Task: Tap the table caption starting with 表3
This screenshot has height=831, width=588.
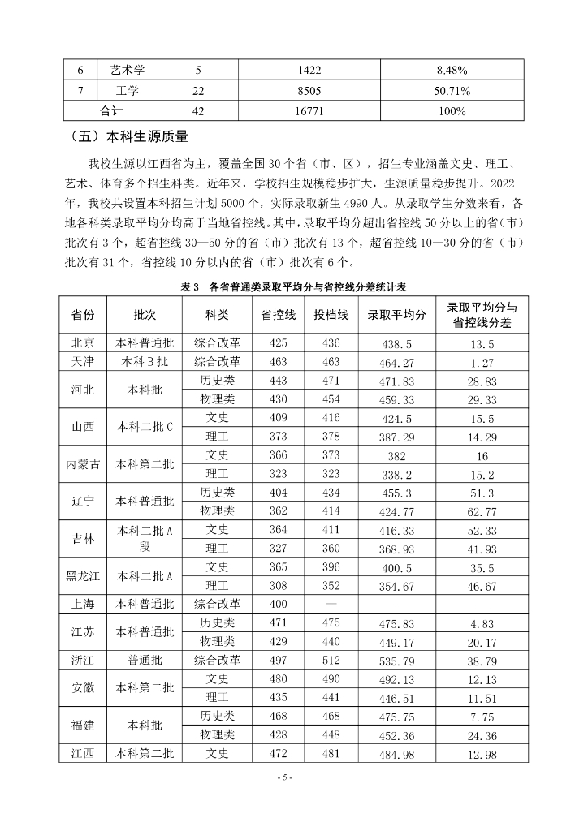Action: pyautogui.click(x=293, y=287)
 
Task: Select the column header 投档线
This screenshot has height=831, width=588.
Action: pyautogui.click(x=331, y=315)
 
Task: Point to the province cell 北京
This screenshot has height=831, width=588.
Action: pyautogui.click(x=83, y=343)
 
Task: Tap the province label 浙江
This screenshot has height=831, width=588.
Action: pyautogui.click(x=83, y=661)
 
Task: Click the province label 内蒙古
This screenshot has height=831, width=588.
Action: pyautogui.click(x=83, y=464)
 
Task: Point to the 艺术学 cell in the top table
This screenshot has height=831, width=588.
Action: pyautogui.click(x=127, y=70)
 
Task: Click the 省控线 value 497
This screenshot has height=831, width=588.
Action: pyautogui.click(x=279, y=661)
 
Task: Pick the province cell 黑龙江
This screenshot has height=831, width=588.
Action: pyautogui.click(x=83, y=576)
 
